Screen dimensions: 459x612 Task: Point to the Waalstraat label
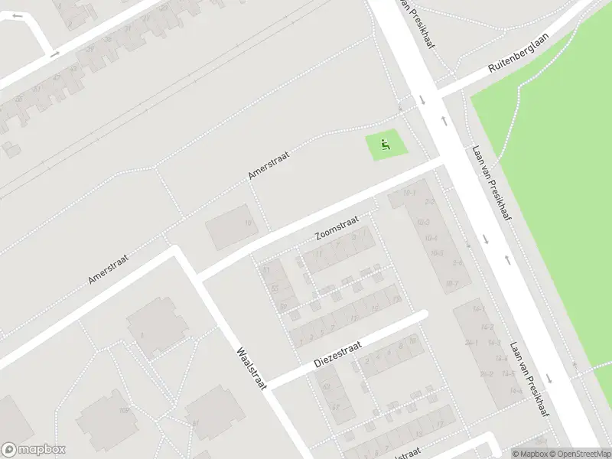251,368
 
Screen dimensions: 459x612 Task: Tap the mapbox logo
34,450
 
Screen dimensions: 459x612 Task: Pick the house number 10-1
410,192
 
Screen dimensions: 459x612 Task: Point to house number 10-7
451,285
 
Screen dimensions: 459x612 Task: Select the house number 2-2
431,202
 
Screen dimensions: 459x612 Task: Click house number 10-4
431,238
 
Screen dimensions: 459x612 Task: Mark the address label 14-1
478,308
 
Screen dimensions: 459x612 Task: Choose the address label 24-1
472,343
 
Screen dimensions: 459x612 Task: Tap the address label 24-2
487,374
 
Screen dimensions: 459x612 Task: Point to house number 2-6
458,262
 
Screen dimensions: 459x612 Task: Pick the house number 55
275,288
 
